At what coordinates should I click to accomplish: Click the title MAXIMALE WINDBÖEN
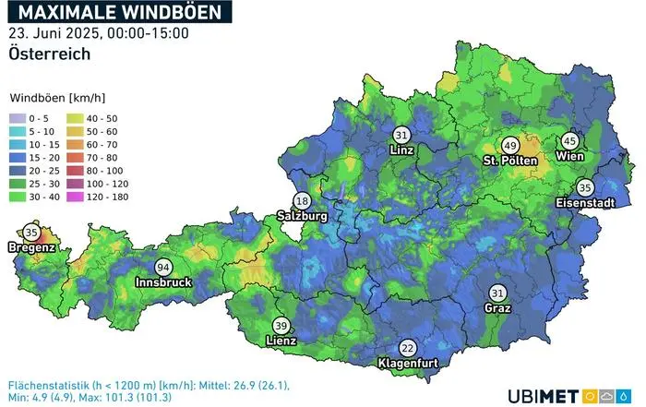click(121, 12)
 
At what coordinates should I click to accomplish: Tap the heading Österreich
click(50, 54)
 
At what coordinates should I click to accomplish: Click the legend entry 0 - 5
click(36, 118)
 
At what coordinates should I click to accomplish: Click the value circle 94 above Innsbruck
click(163, 267)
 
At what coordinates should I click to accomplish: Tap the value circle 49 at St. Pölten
click(509, 146)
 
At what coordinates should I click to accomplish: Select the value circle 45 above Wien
click(569, 140)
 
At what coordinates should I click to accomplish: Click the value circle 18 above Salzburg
click(302, 201)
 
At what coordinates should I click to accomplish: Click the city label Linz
click(401, 150)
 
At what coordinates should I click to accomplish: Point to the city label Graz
click(497, 308)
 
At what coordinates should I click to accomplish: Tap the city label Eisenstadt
click(586, 202)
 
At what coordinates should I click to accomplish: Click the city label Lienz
click(281, 341)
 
